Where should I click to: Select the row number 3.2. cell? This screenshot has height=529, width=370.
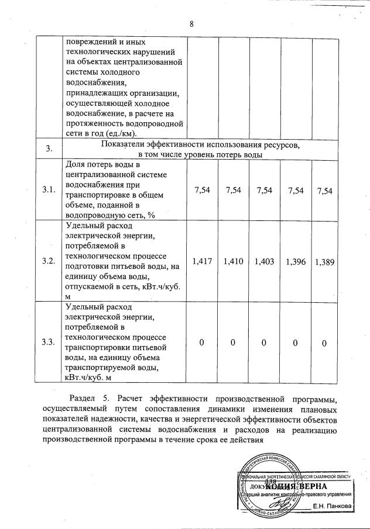pyautogui.click(x=49, y=260)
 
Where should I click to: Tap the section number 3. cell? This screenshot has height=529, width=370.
pyautogui.click(x=49, y=149)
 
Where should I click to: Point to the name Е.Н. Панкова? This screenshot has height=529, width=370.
pyautogui.click(x=332, y=505)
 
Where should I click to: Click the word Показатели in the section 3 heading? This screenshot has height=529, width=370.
pyautogui.click(x=125, y=144)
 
